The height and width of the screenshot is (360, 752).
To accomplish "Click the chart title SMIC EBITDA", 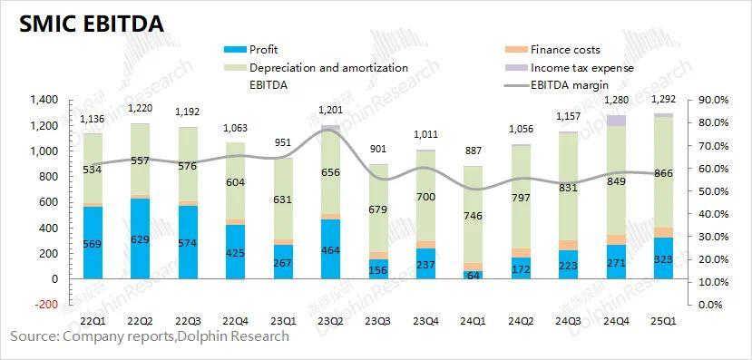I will tap(87, 24).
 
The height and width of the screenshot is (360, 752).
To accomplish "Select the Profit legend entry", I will tap(264, 50).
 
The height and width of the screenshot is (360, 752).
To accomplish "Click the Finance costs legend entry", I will tap(565, 50).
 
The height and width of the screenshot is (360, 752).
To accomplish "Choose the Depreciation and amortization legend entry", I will tap(328, 68).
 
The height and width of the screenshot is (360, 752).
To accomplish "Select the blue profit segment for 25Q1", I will tap(662, 258).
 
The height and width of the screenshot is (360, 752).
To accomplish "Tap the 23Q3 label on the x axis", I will tap(377, 321).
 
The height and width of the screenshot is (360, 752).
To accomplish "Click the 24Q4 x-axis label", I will tap(615, 321).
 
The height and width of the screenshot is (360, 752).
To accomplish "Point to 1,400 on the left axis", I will tap(43, 100).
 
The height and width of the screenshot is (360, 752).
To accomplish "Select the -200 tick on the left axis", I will tap(45, 305).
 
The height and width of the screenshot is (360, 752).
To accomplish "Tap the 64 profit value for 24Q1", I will tap(473, 276).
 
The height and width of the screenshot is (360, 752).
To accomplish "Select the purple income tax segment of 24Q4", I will tap(615, 121).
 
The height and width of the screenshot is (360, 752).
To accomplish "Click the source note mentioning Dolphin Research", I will tap(150, 336).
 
